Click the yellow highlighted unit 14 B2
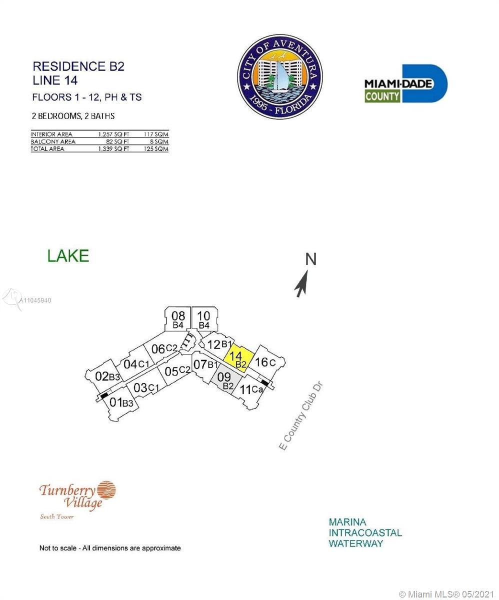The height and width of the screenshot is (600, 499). point(238,358)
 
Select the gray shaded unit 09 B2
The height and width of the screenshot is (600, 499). point(226,380)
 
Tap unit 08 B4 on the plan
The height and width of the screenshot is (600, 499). point(177,319)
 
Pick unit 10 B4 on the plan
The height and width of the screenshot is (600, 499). point(204,319)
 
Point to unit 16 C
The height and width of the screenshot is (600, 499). point(265,362)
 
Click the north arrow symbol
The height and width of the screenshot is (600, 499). point(302,283)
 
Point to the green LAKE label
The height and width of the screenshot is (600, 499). point(68,255)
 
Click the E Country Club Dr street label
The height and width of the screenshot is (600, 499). point(300,416)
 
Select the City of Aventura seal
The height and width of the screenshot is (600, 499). point(279,76)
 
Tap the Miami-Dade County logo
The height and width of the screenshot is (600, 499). point(406,83)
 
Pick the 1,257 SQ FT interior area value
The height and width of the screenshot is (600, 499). point(113,134)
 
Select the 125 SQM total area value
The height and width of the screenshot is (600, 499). point(156,149)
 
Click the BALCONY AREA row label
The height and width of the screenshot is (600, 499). point(53,141)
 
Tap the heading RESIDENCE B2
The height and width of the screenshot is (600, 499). point(78,66)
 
